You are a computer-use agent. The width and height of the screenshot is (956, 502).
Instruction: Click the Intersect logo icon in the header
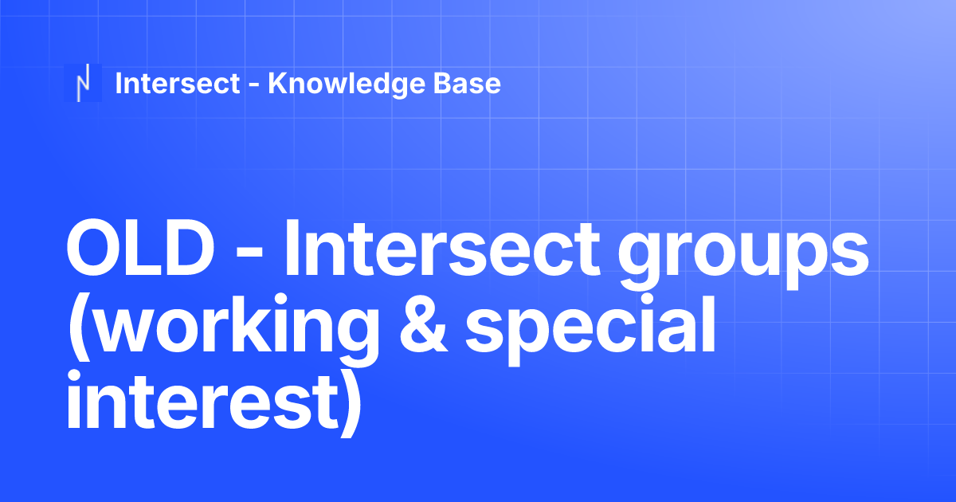pyautogui.click(x=83, y=83)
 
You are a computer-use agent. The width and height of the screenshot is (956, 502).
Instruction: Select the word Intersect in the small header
pyautogui.click(x=178, y=83)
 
